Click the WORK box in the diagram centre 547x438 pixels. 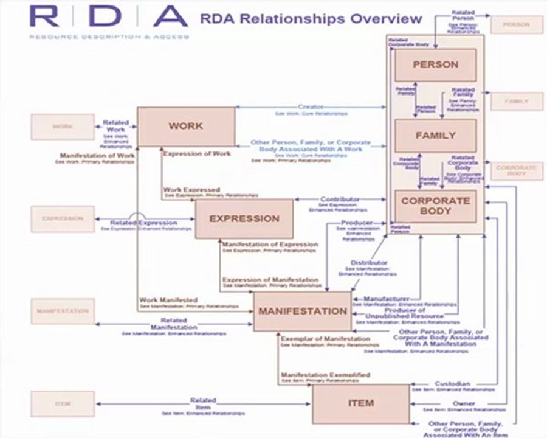click(x=186, y=127)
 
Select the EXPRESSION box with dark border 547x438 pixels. click(x=244, y=218)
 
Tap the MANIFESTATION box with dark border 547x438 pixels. click(x=302, y=311)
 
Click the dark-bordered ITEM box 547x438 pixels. click(x=361, y=403)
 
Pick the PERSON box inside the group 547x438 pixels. click(x=435, y=64)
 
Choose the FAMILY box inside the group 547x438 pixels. click(x=435, y=135)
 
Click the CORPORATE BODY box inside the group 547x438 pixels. click(x=435, y=206)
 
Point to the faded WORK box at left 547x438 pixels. click(x=63, y=127)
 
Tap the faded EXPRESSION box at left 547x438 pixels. click(x=63, y=218)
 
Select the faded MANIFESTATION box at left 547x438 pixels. click(x=63, y=311)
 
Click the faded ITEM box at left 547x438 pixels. click(x=63, y=403)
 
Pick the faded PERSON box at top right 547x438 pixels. click(x=517, y=25)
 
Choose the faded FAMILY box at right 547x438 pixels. click(x=517, y=101)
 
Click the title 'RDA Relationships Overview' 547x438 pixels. click(x=311, y=18)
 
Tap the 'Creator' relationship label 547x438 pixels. click(x=311, y=107)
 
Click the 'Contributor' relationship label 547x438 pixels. click(x=340, y=200)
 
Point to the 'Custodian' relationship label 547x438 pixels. click(x=453, y=384)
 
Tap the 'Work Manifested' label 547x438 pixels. click(x=160, y=300)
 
